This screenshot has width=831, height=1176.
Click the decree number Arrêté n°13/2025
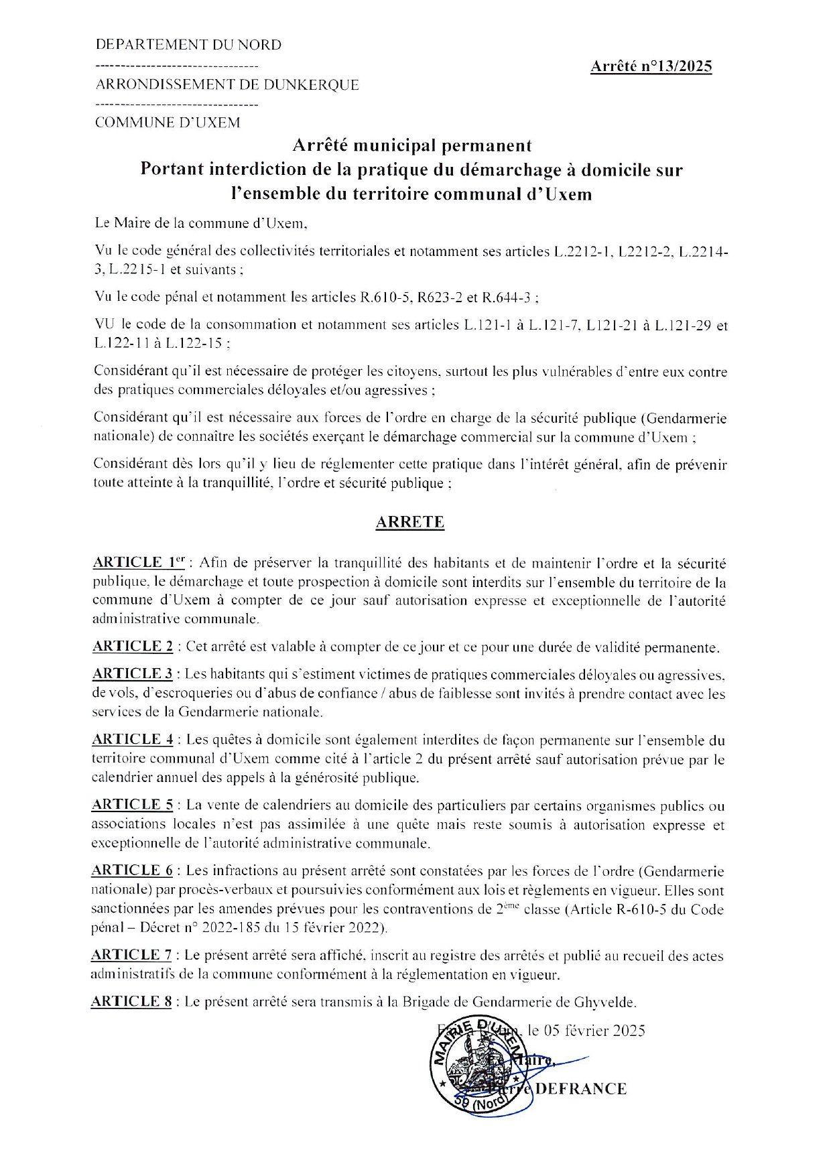(651, 66)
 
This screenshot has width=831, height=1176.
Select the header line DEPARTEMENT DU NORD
(189, 45)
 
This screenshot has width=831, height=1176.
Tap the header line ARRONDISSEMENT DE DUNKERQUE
(228, 84)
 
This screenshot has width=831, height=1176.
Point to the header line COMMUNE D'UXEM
(168, 123)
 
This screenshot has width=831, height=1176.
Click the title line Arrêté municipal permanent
(411, 145)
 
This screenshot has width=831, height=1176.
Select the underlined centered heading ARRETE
(409, 522)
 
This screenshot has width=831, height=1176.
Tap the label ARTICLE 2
(133, 647)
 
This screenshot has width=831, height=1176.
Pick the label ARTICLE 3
(133, 673)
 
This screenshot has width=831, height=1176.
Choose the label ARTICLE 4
(133, 740)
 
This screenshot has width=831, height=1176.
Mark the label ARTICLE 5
(133, 805)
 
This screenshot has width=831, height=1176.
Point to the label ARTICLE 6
(133, 870)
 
